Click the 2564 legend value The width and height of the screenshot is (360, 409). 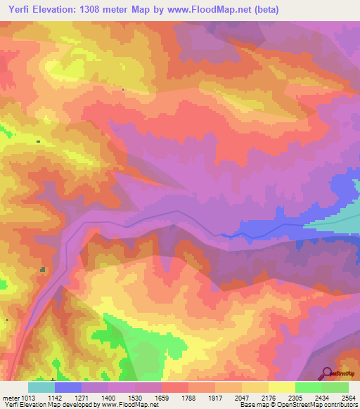(349, 397)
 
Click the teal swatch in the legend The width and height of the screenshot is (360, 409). (41, 387)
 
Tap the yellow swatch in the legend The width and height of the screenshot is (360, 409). (281, 387)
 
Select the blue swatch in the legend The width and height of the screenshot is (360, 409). (68, 387)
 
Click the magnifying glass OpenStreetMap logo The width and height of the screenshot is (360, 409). (326, 373)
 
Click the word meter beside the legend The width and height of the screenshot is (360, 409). (9, 397)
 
